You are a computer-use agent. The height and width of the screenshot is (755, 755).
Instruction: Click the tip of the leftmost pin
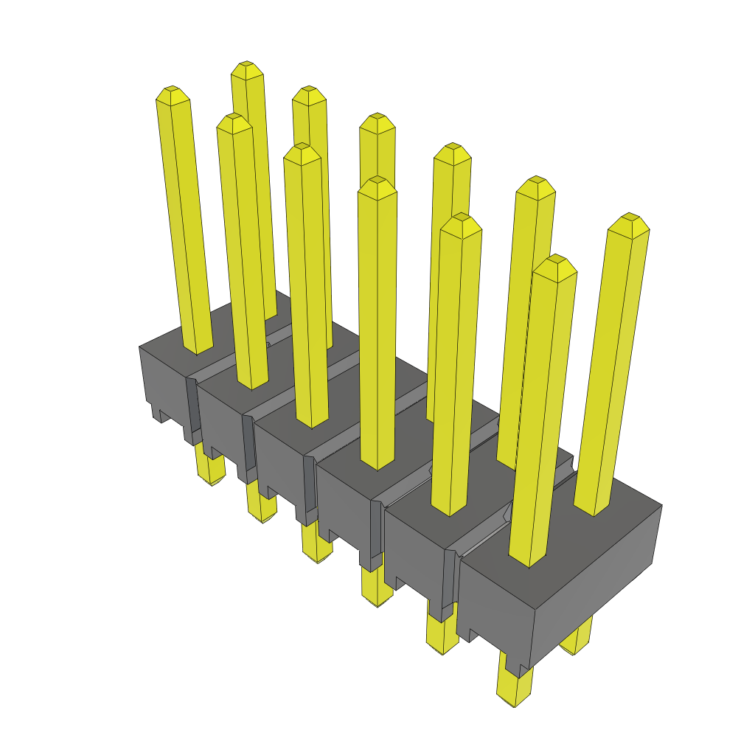pos(173,94)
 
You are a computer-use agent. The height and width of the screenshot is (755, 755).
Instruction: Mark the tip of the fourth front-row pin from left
pos(377,186)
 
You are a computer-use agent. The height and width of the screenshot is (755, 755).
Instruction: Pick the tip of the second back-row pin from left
pos(309,94)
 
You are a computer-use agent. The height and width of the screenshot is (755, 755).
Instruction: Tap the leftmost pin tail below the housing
pos(210,472)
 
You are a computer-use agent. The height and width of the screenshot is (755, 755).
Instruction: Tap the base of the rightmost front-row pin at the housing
pos(529,557)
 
